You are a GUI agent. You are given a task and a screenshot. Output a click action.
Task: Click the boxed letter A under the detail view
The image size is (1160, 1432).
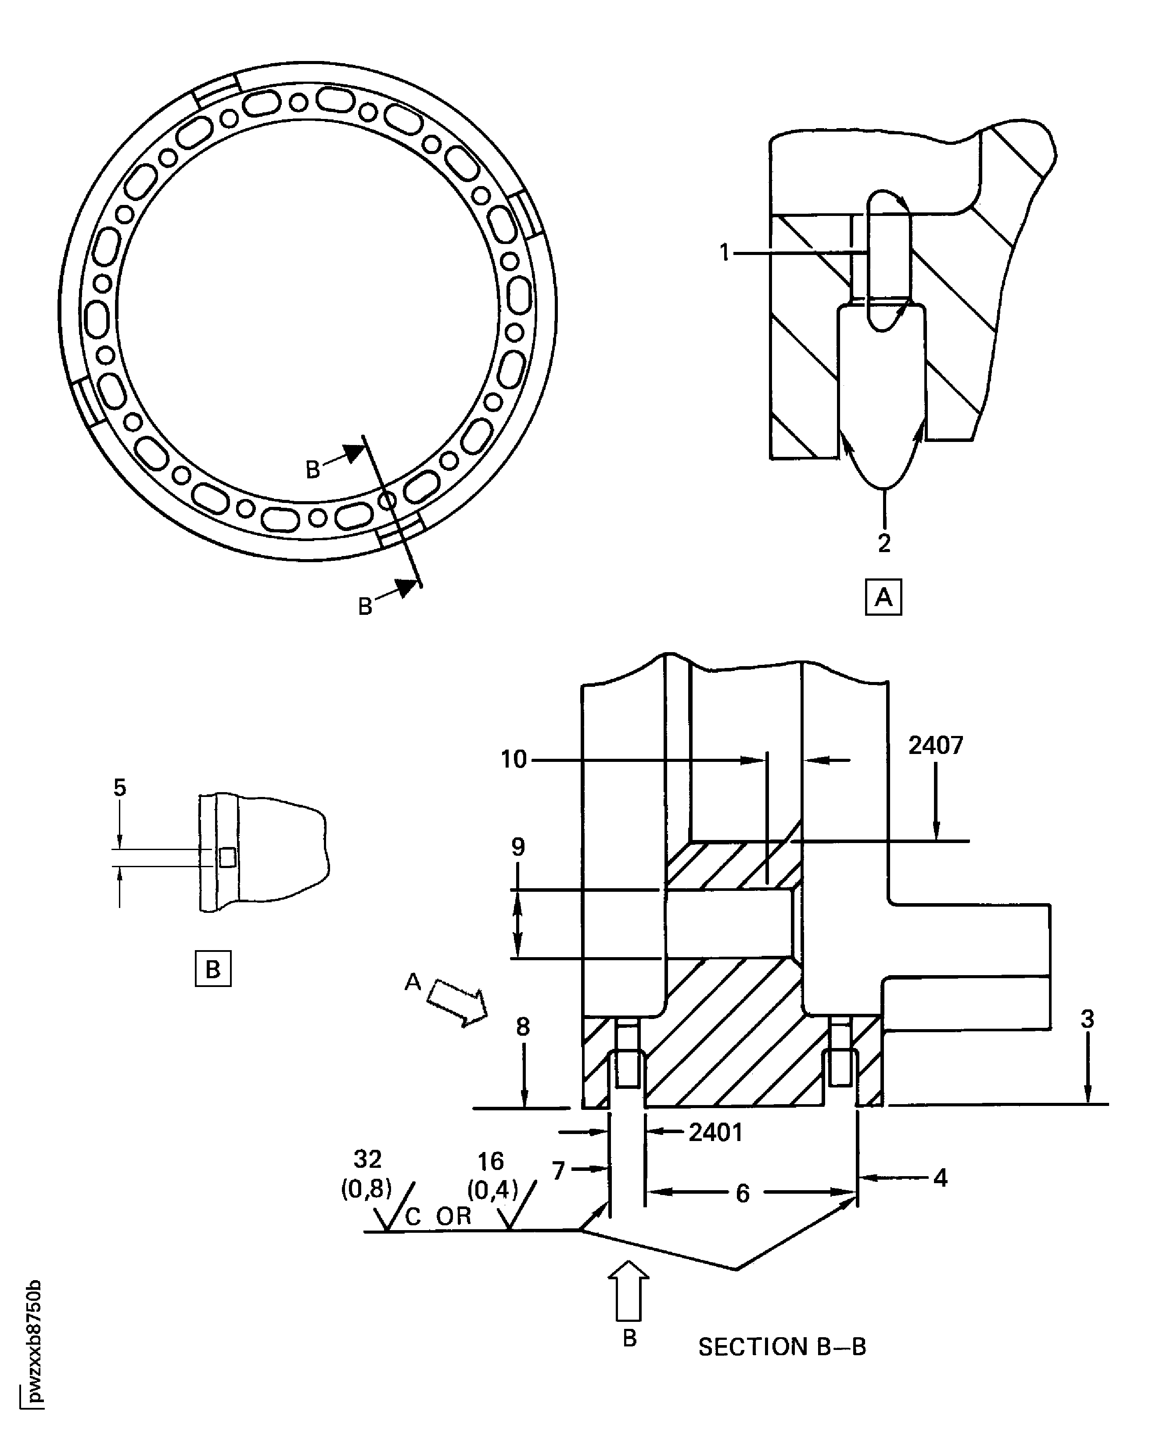click(x=883, y=597)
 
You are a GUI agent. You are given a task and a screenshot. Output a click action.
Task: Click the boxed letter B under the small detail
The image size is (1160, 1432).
click(x=212, y=969)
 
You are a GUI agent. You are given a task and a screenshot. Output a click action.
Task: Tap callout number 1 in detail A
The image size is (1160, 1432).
click(x=724, y=253)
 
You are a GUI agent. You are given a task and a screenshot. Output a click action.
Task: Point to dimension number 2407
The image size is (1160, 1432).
click(x=935, y=745)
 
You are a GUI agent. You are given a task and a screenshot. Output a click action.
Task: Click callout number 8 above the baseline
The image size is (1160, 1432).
click(x=523, y=1026)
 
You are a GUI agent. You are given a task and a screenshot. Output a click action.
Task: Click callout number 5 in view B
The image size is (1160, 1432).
click(x=120, y=787)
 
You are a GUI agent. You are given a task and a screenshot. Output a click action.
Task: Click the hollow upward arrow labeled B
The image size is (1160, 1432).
click(x=628, y=1290)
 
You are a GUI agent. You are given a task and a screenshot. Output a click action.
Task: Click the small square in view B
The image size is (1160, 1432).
click(x=227, y=858)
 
